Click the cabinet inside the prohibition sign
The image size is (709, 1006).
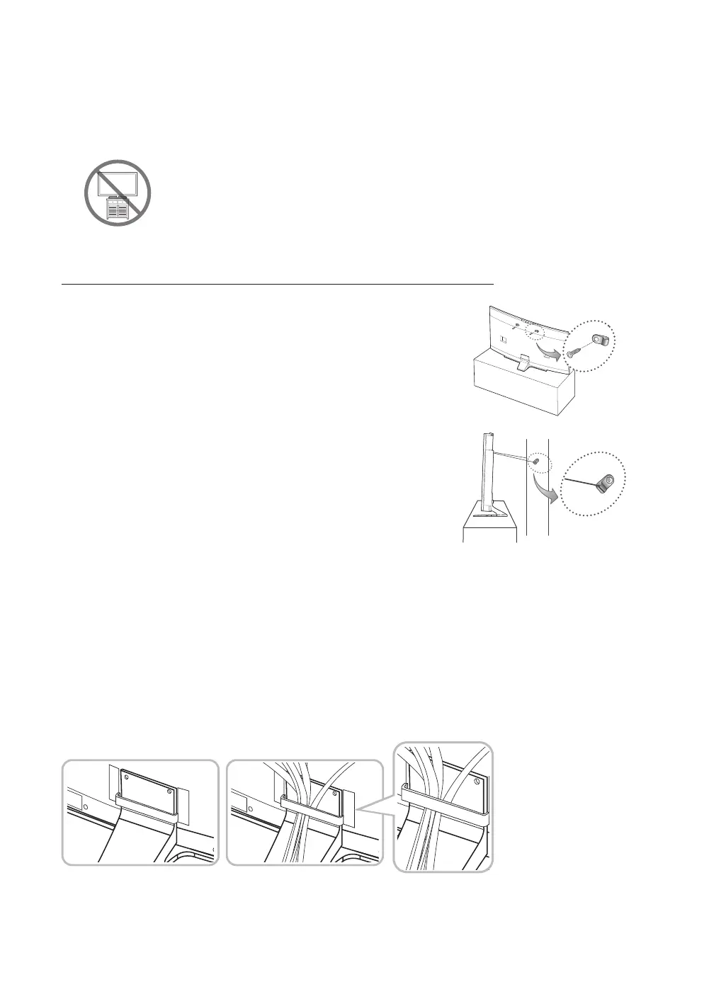click(x=118, y=209)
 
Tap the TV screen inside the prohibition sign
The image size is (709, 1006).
click(x=118, y=183)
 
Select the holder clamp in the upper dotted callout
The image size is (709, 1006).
click(x=599, y=341)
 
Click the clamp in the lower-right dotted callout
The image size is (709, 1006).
click(x=602, y=484)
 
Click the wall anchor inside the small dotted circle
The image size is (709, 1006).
click(x=538, y=462)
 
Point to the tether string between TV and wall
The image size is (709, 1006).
click(x=510, y=454)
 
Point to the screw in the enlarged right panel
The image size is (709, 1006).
click(x=477, y=784)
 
